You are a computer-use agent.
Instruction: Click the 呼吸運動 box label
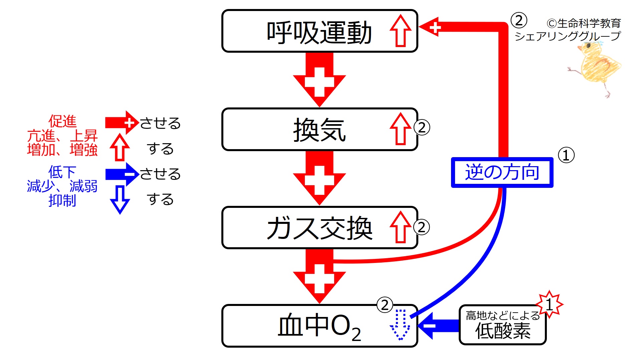319,32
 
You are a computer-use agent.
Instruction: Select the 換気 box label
319,130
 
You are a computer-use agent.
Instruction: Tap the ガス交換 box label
319,228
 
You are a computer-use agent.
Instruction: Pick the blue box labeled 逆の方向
502,172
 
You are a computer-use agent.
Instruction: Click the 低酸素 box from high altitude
502,325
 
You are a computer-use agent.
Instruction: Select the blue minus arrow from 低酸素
437,326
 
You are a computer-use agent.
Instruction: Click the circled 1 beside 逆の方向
566,155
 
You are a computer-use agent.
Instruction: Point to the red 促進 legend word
62,121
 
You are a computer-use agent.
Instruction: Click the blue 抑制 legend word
62,201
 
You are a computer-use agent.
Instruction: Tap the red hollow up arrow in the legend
120,147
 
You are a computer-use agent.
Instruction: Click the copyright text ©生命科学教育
584,23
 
